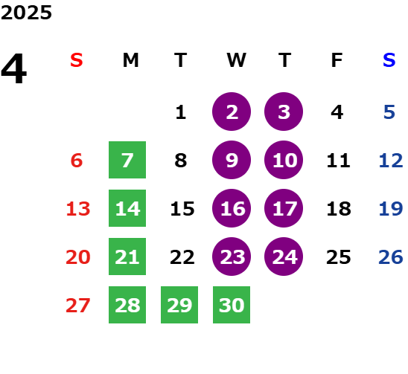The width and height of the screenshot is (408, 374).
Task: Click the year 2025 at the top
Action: pyautogui.click(x=26, y=13)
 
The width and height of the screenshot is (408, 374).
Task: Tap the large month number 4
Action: pyautogui.click(x=14, y=68)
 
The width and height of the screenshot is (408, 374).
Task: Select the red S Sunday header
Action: pyautogui.click(x=77, y=60)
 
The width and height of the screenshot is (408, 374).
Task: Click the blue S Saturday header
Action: pyautogui.click(x=389, y=60)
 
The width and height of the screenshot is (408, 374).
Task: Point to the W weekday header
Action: pyautogui.click(x=236, y=60)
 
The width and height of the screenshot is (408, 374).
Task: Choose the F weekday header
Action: pyautogui.click(x=337, y=60)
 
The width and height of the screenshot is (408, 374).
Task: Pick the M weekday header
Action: pyautogui.click(x=130, y=60)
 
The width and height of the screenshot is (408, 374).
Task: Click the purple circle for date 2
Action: pyautogui.click(x=232, y=112)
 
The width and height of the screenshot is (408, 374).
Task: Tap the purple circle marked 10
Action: pyautogui.click(x=284, y=160)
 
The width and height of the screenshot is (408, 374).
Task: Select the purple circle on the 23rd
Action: pyautogui.click(x=232, y=257)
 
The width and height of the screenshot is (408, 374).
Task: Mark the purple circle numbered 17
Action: pyautogui.click(x=284, y=208)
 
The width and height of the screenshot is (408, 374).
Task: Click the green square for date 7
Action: pyautogui.click(x=127, y=160)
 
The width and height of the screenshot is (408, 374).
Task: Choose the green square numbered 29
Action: pyautogui.click(x=179, y=305)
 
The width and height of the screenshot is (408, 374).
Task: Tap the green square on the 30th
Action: pyautogui.click(x=232, y=305)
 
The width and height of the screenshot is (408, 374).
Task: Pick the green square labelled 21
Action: pyautogui.click(x=127, y=257)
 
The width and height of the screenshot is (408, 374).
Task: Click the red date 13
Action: pyautogui.click(x=78, y=209)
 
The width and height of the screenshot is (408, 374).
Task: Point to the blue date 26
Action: pyautogui.click(x=391, y=257)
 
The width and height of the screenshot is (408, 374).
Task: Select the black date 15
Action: pyautogui.click(x=182, y=209)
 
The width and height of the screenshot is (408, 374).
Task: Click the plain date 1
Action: pyautogui.click(x=181, y=112)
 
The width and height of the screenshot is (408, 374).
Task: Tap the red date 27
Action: pyautogui.click(x=78, y=306)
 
